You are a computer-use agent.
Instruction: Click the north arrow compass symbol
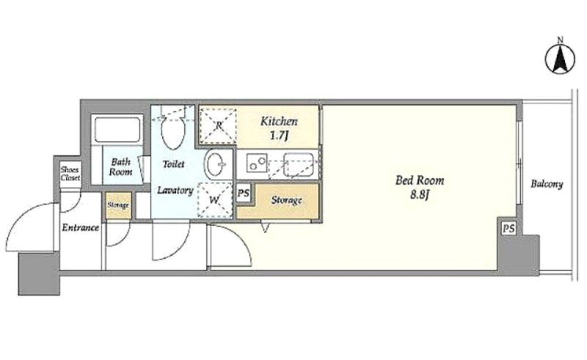tap(560, 59)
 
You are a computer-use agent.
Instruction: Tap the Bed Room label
tap(420, 181)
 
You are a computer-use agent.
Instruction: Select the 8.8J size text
tap(419, 195)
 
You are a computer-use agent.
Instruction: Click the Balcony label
tap(547, 184)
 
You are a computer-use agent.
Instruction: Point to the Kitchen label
tap(279, 121)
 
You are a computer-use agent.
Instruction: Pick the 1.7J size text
tap(279, 135)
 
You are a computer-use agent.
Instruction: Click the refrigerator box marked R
tap(218, 125)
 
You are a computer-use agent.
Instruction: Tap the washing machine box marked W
tap(215, 200)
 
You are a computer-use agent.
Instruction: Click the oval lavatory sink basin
tap(215, 164)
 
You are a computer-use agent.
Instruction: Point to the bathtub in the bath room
tap(117, 130)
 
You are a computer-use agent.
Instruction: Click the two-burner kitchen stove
tap(256, 164)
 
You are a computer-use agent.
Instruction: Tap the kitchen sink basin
tap(298, 164)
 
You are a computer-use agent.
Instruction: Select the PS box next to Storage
tap(244, 194)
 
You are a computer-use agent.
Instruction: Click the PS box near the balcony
tap(508, 228)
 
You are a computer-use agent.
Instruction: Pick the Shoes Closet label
tap(70, 174)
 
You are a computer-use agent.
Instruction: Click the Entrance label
tap(81, 227)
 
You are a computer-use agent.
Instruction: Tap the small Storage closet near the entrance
tap(118, 205)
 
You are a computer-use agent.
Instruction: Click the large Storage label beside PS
tap(286, 200)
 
